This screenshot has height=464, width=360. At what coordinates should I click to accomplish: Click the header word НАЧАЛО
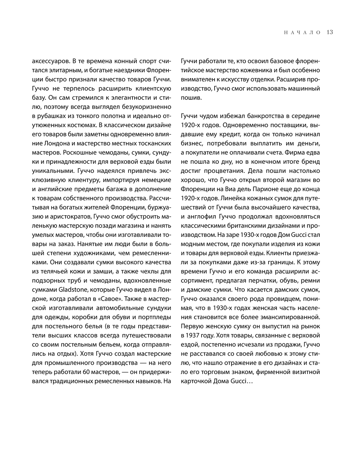pos(302,32)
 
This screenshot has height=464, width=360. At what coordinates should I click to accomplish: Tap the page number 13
pos(330,32)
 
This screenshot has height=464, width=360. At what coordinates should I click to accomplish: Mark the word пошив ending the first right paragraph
pos(191,98)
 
